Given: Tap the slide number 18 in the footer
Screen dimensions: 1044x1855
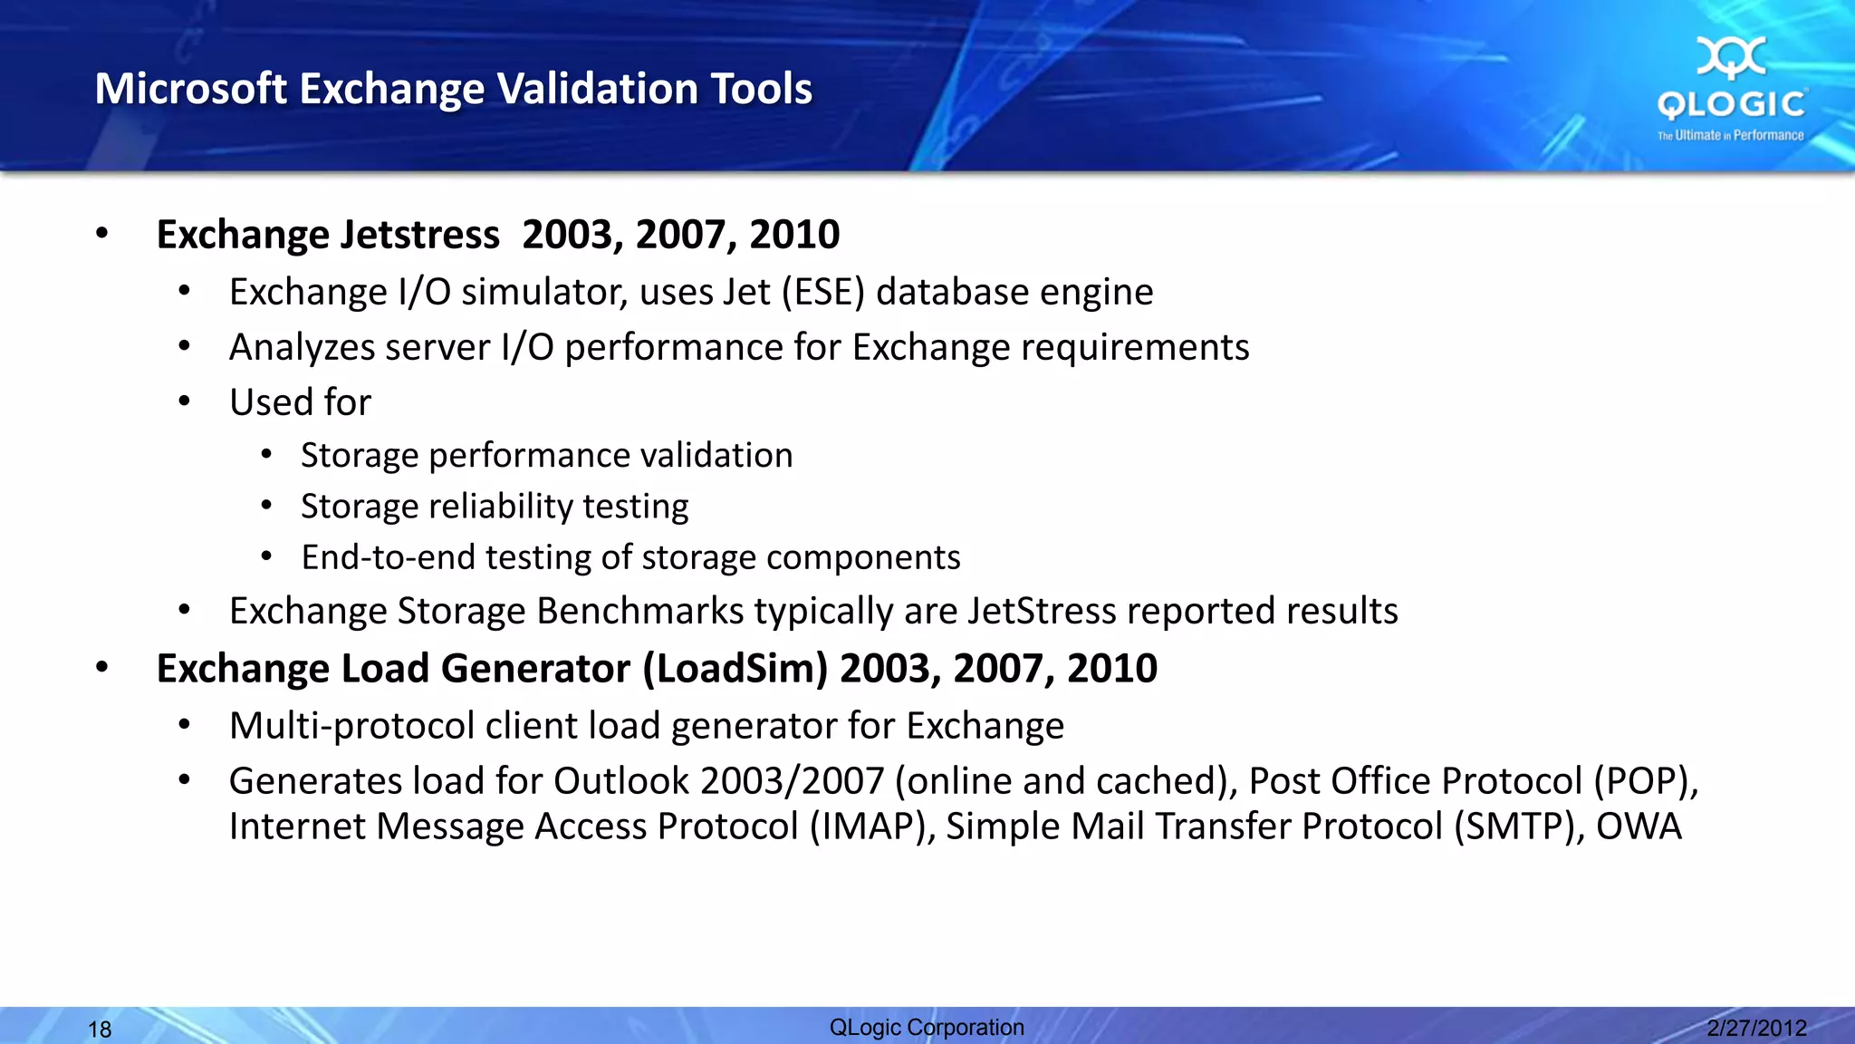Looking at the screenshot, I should (x=100, y=1029).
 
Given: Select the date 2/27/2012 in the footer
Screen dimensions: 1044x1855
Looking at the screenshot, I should (x=1756, y=1028).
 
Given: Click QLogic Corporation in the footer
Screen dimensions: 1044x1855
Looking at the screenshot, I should (x=927, y=1028).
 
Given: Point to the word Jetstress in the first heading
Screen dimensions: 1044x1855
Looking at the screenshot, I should (x=419, y=235).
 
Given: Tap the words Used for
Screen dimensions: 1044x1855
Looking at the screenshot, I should (x=300, y=402).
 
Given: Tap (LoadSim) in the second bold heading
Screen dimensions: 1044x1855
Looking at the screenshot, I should (x=735, y=669).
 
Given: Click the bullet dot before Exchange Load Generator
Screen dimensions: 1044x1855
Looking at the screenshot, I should (x=102, y=668).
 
